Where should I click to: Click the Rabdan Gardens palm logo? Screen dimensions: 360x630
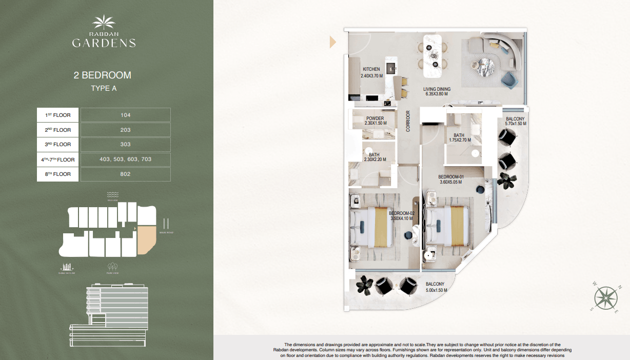tap(104, 23)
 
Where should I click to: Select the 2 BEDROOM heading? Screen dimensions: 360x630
tap(103, 75)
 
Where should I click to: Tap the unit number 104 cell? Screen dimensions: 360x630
tap(125, 115)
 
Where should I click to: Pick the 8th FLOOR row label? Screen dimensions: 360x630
tap(58, 174)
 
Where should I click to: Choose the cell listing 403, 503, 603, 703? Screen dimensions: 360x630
tap(125, 159)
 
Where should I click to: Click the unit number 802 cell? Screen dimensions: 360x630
tap(125, 174)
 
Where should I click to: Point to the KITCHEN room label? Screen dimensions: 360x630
tap(371, 69)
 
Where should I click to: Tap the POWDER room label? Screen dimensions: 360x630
tap(375, 118)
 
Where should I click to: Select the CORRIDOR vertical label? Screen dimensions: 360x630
tap(408, 121)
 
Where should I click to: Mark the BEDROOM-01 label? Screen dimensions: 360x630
tap(450, 177)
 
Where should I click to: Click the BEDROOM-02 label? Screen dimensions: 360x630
tap(401, 213)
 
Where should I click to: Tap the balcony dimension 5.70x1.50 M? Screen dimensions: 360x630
tap(515, 124)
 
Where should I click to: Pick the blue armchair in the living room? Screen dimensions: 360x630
tap(508, 79)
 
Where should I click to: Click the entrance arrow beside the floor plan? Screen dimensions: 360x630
tap(332, 42)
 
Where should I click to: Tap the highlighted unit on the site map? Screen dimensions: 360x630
tap(146, 239)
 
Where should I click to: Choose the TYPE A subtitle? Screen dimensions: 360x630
tap(104, 88)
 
